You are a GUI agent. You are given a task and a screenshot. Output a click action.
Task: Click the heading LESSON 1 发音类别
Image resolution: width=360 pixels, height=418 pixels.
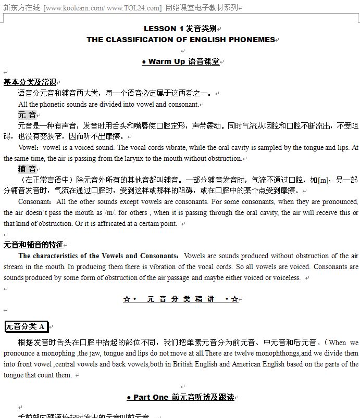(180, 29)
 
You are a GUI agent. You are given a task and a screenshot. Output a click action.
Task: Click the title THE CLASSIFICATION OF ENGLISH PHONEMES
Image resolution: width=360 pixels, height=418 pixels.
(180, 40)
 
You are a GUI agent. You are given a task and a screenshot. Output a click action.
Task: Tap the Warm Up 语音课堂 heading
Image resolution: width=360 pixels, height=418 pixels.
(180, 61)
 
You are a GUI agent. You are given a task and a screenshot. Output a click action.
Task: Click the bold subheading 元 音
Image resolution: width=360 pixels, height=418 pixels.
(27, 115)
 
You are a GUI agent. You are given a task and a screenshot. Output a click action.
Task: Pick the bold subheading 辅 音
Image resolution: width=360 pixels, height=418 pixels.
(27, 169)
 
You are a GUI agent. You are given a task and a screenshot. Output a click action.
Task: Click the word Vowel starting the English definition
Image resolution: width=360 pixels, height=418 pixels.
(27, 147)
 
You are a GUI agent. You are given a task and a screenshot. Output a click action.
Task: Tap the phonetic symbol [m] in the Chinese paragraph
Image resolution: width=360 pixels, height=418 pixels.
(324, 180)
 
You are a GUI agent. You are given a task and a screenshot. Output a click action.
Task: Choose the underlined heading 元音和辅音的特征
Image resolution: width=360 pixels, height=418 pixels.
(33, 245)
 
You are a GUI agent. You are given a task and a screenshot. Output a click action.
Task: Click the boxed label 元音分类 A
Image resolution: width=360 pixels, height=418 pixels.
(26, 327)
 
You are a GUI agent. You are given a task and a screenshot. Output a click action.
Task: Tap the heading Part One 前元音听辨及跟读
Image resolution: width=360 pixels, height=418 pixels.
(180, 397)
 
